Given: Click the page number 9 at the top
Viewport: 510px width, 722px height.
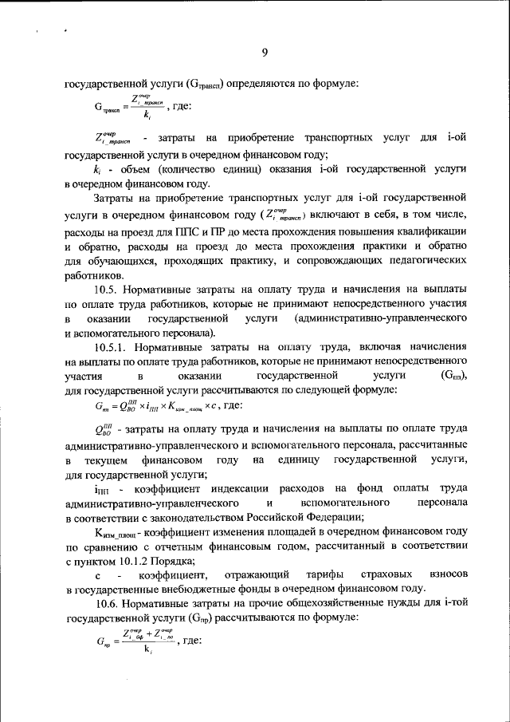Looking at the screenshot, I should click(265, 53).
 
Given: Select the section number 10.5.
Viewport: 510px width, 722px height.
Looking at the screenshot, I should click(107, 290).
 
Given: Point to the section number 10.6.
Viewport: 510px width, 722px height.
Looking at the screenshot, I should click(107, 604).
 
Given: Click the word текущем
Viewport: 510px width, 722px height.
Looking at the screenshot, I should click(101, 461).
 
